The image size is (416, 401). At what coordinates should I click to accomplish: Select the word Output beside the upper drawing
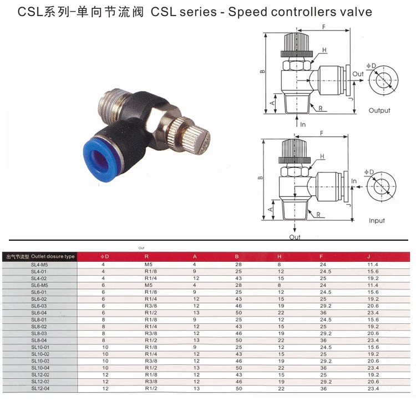tap(379, 110)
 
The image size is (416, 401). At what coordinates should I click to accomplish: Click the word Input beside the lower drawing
tap(377, 221)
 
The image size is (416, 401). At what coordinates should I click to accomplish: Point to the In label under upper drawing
tap(303, 125)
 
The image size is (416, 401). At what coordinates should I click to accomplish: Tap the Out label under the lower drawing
tap(295, 237)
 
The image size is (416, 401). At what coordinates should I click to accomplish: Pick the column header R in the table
tap(146, 257)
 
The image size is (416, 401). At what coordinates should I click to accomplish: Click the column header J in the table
tap(368, 257)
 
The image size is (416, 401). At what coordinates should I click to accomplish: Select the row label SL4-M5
tap(39, 265)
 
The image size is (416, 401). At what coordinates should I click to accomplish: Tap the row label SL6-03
tap(39, 306)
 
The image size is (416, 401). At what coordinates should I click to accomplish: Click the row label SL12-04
tap(39, 388)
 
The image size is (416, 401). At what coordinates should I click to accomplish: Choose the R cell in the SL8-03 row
tap(150, 333)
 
